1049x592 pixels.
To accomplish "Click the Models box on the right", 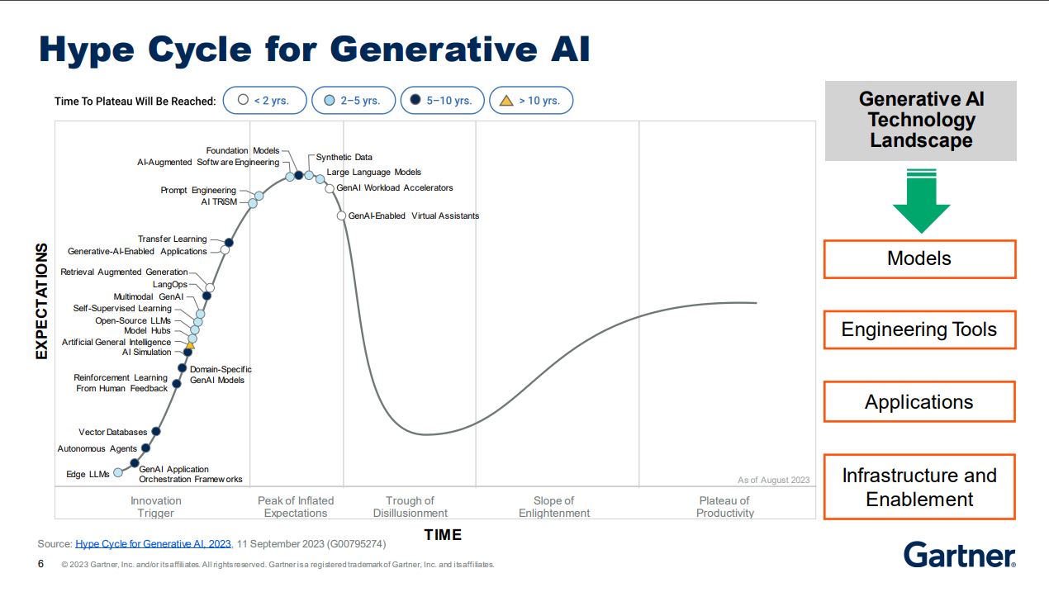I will [x=919, y=259].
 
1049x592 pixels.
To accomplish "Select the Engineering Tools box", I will [x=919, y=330].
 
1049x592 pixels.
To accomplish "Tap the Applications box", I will [x=919, y=402].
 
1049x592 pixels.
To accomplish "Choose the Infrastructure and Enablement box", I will [x=919, y=487].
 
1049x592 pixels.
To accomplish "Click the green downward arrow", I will [x=921, y=202].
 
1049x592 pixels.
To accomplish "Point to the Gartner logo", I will [x=959, y=555].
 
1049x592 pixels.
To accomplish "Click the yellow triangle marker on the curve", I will [x=190, y=345].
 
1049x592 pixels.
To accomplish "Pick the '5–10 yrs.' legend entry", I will [x=442, y=101].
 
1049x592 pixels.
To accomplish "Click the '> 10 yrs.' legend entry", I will [x=530, y=101].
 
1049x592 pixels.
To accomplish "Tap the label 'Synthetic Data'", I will [x=344, y=157].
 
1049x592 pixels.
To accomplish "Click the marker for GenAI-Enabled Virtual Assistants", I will [x=342, y=215].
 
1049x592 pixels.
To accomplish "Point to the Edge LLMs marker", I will [x=118, y=472].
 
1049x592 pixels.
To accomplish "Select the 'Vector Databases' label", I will [x=112, y=432].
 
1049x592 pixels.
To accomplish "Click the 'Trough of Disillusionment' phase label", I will [x=410, y=507].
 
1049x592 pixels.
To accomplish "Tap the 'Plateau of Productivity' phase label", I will [x=724, y=507].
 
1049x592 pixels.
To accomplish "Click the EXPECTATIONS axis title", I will [x=42, y=301].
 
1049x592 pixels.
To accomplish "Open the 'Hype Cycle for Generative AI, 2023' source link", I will [x=153, y=544].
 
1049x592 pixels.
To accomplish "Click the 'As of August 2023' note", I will [x=773, y=480].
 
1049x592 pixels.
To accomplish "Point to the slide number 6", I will [x=41, y=565].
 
